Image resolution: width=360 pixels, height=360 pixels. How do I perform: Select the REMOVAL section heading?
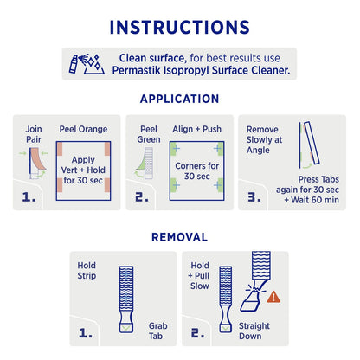(180, 235)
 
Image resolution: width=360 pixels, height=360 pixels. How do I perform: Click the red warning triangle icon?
(273, 296)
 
